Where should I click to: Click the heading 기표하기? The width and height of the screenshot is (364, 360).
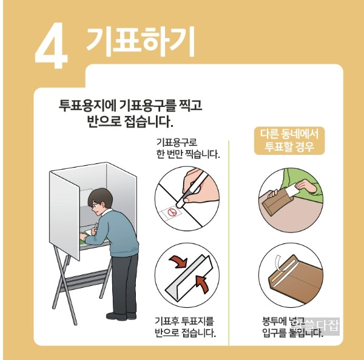(140, 41)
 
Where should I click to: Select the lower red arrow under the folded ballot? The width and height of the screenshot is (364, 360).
(202, 282)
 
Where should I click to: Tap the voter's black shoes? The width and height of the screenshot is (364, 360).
(121, 315)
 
